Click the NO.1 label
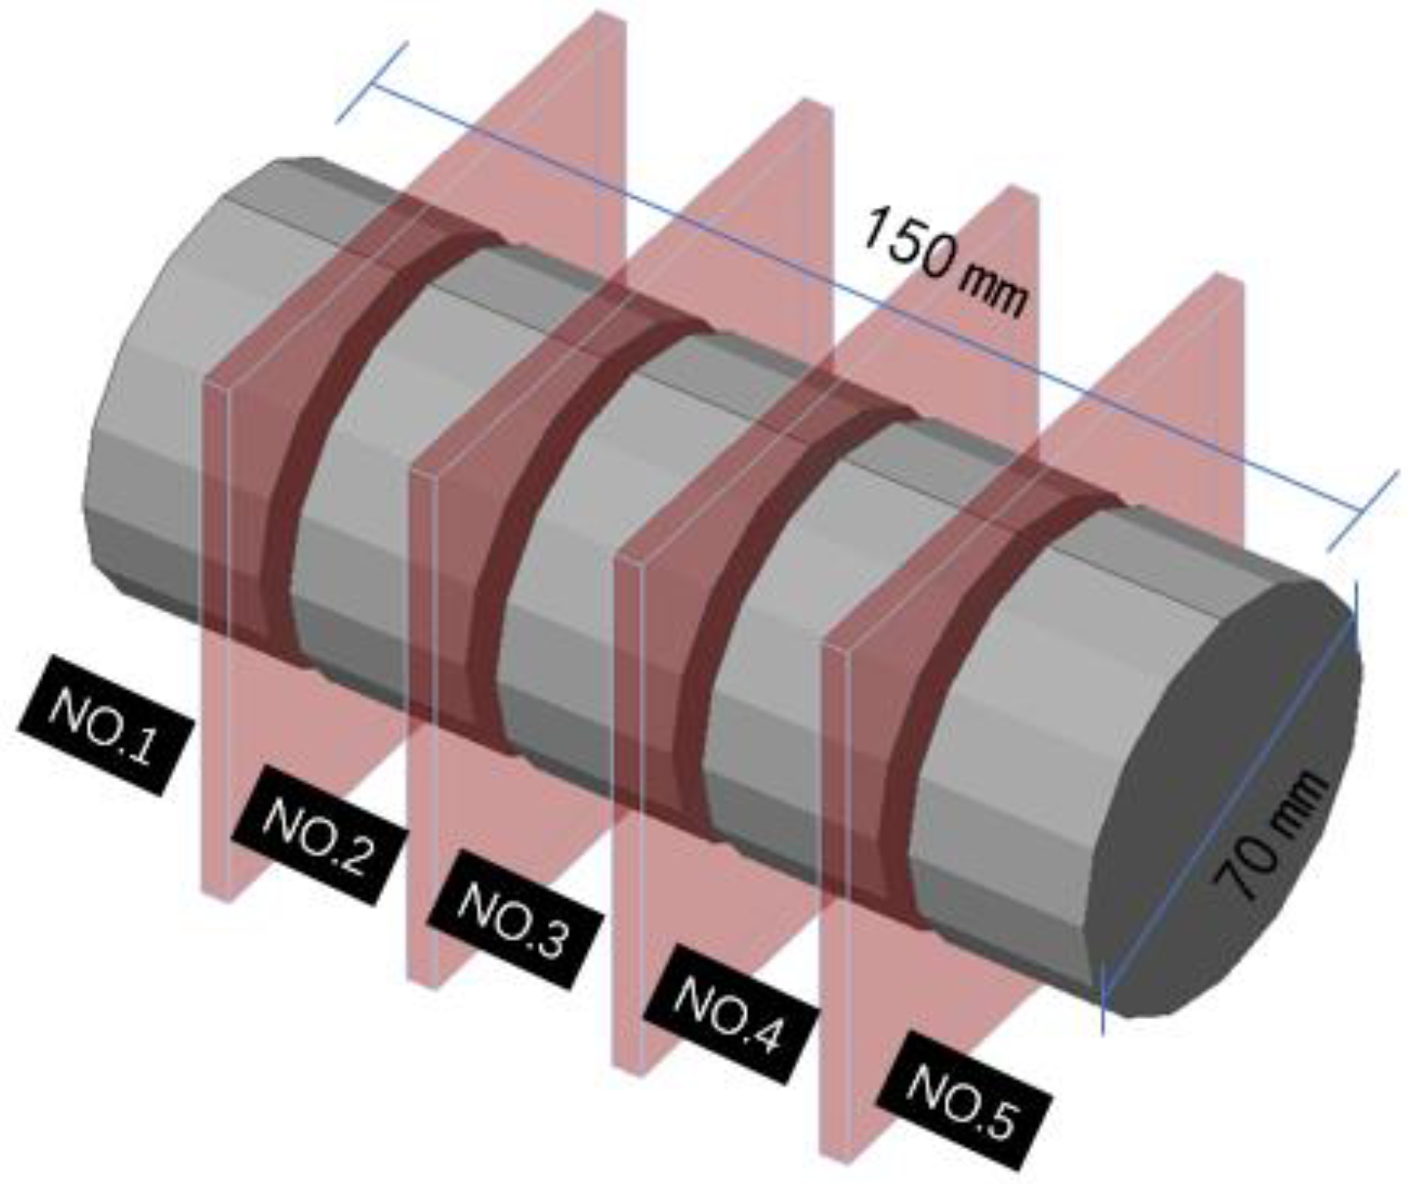(105, 725)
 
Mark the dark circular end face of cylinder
(1227, 795)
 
